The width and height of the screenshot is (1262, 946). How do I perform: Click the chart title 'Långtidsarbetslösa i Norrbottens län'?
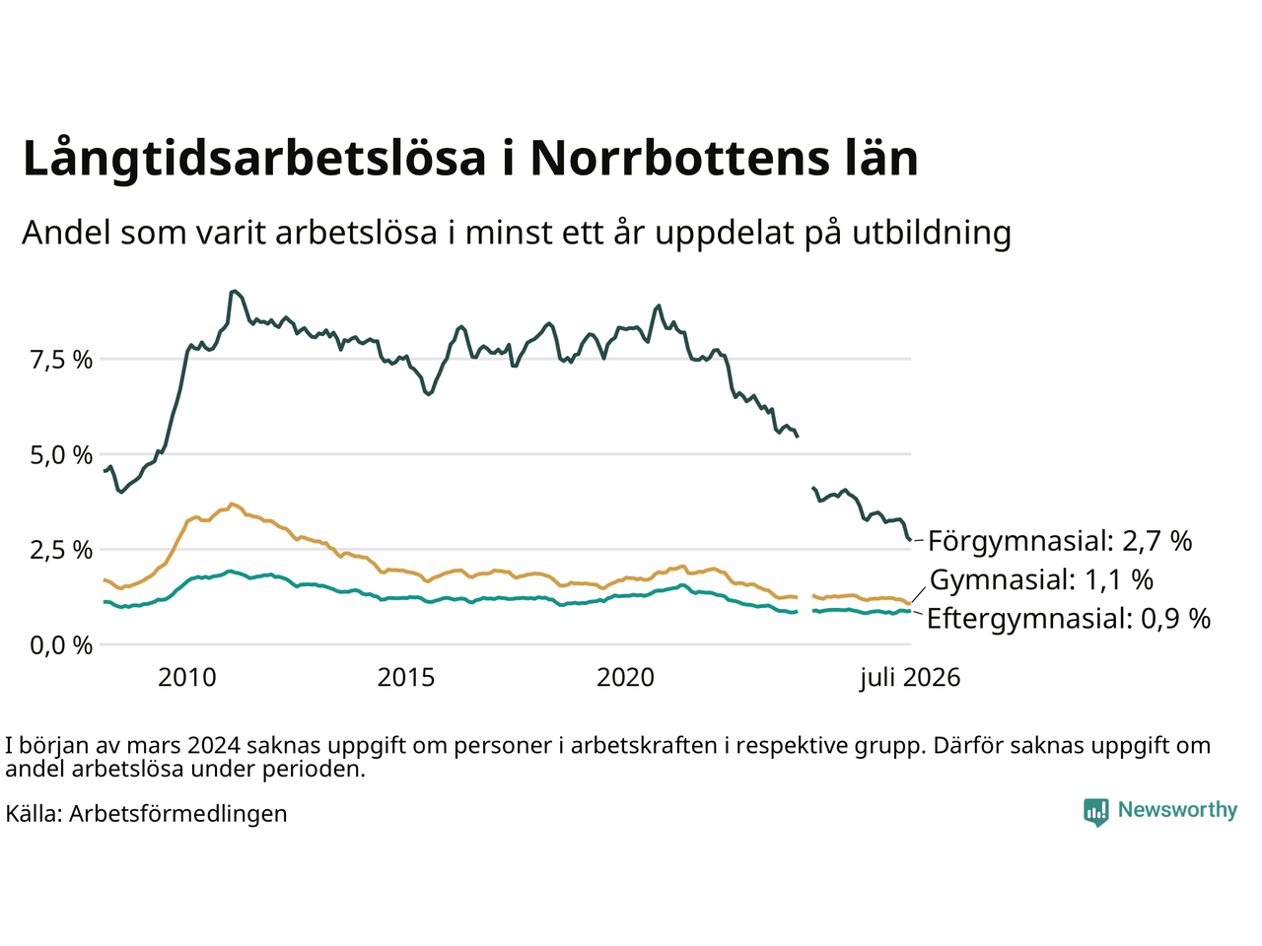[x=470, y=158]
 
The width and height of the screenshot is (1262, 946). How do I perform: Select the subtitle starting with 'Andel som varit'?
[x=517, y=234]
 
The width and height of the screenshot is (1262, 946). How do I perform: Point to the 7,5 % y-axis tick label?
[x=61, y=360]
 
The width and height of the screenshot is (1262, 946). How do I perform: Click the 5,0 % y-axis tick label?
[x=61, y=455]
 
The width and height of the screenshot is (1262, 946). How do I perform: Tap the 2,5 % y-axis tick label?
[x=61, y=550]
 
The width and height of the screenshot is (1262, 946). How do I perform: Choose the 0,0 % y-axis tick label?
[x=61, y=645]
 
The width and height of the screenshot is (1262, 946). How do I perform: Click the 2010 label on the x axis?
[x=187, y=678]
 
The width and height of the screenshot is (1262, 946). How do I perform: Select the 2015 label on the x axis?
[x=406, y=678]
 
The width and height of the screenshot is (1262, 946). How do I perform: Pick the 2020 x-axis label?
[x=625, y=678]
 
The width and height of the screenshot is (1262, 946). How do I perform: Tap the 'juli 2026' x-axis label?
[x=910, y=678]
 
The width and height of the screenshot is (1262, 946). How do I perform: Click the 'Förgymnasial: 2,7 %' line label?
[x=1060, y=541]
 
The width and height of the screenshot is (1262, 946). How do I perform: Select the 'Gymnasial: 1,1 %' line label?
[x=1041, y=579]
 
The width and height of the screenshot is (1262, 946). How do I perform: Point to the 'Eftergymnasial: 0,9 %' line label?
[x=1069, y=619]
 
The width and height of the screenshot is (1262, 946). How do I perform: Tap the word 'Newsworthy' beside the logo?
[x=1177, y=810]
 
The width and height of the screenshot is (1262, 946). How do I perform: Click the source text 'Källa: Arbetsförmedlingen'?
[x=146, y=814]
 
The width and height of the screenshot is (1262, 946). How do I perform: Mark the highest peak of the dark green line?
[x=234, y=292]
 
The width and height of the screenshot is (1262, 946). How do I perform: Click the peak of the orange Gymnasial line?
[x=232, y=504]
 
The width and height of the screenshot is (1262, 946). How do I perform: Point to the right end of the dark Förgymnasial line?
[x=910, y=540]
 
